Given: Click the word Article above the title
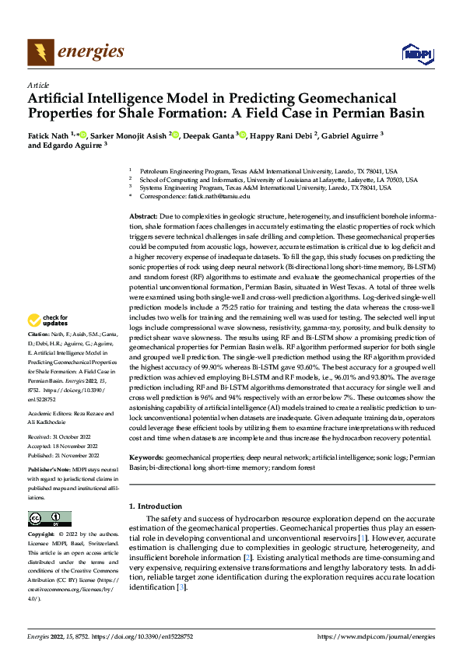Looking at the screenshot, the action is pos(37,85).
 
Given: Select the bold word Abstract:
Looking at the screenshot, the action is pos(142,214).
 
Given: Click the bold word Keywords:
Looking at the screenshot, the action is pos(146,459).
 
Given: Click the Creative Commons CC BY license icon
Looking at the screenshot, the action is pos(50,518).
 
